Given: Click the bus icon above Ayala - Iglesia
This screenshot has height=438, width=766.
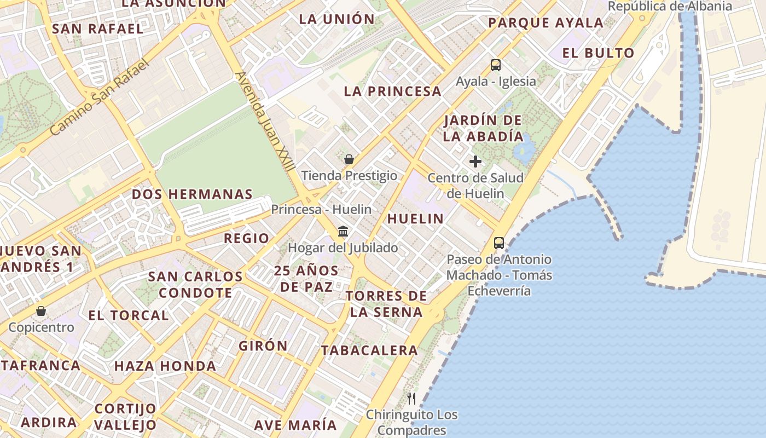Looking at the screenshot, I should (x=495, y=65).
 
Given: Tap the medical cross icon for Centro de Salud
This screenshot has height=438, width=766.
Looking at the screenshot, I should (x=475, y=162).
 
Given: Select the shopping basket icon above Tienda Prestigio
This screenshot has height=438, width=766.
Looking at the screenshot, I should (x=349, y=159).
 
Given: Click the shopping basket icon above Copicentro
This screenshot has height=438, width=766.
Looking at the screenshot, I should (x=41, y=311).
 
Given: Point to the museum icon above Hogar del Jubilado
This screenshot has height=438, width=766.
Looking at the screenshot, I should (x=343, y=231).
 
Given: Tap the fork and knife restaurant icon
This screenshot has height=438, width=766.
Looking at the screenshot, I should (x=412, y=398).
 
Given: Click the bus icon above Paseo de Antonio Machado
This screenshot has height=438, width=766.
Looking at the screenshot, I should (x=499, y=243).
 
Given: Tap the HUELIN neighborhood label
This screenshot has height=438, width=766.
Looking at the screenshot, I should (x=416, y=218).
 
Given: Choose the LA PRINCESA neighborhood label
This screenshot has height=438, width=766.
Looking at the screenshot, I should (x=392, y=91).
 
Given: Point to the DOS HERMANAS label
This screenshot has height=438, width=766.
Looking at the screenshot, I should (x=192, y=194).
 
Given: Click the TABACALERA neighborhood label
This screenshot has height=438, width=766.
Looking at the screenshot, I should (x=369, y=350).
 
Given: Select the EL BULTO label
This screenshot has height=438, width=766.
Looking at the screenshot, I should (x=598, y=53).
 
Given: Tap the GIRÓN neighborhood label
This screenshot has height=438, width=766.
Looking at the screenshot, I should (x=263, y=345).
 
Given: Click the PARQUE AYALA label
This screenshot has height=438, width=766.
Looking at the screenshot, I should (x=546, y=23).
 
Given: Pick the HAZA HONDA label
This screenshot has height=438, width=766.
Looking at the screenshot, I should (x=165, y=366).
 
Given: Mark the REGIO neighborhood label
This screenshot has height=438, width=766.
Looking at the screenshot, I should (x=246, y=238).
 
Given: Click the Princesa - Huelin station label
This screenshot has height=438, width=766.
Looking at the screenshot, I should (x=321, y=209).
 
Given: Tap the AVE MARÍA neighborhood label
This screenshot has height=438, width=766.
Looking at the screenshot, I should (x=295, y=425).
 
